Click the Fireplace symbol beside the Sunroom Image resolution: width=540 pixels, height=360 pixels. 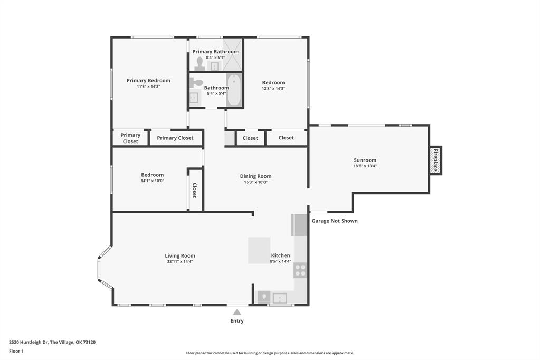(x=435, y=160)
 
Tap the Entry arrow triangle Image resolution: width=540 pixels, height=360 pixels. (x=237, y=312)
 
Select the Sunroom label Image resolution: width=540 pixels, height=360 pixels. (x=365, y=160)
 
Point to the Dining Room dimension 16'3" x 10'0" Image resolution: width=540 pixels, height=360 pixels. (x=255, y=182)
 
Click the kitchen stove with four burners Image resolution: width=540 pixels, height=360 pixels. (x=300, y=270)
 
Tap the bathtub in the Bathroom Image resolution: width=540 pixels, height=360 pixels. (x=234, y=90)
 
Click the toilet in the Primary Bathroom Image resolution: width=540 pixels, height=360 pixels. (x=200, y=64)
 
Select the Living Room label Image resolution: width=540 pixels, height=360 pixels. (x=180, y=255)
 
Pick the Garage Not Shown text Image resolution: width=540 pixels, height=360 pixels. (x=335, y=221)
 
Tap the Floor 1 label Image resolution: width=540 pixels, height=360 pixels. (x=16, y=352)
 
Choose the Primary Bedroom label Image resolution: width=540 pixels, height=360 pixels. (x=148, y=81)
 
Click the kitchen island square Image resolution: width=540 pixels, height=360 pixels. (x=259, y=250)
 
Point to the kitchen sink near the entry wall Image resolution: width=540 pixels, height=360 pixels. (x=280, y=298)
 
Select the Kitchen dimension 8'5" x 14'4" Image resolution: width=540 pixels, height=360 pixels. (x=280, y=261)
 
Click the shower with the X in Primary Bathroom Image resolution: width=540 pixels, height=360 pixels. (x=233, y=55)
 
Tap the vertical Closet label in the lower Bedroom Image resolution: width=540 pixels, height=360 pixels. (x=195, y=190)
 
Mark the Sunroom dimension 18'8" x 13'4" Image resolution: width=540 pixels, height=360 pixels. (x=365, y=166)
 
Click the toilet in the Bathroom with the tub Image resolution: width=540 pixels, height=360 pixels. (x=196, y=82)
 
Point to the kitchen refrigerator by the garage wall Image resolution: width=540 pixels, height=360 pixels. (x=299, y=225)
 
